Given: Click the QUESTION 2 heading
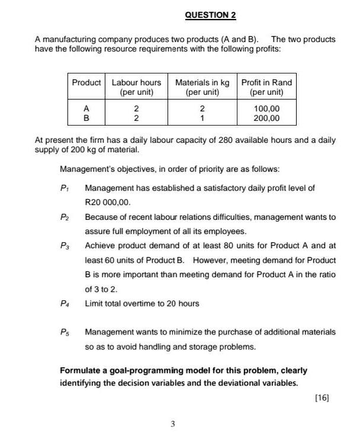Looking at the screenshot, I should [206, 14].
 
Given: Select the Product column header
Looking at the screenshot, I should [86, 82].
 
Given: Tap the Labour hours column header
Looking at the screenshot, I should [136, 87].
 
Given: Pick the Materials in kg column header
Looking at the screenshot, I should [202, 87].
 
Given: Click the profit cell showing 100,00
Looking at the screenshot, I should [266, 108].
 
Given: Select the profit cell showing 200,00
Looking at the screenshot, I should [266, 118].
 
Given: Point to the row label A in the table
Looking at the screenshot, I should [86, 108].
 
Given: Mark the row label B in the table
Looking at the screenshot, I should [86, 118].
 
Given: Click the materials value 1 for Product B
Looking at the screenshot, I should [202, 118].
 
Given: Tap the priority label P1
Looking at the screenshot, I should [65, 188].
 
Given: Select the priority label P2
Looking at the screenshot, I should [65, 217].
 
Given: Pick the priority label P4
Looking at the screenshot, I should [65, 304].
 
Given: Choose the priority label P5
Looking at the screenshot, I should [65, 332].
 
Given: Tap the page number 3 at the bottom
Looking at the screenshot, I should [172, 424].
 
